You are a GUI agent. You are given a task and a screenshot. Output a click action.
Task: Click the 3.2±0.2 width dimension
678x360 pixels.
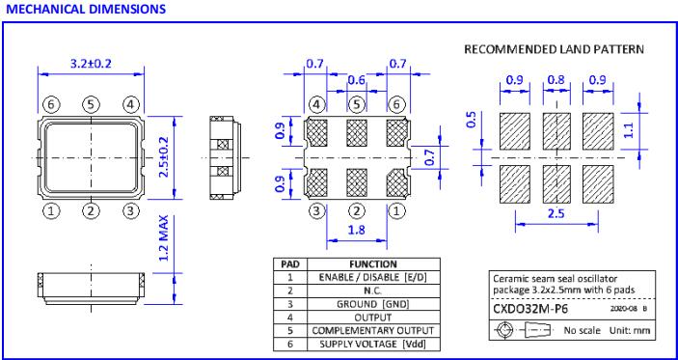(x=91, y=63)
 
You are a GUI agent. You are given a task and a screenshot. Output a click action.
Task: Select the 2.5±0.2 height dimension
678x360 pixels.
(x=163, y=157)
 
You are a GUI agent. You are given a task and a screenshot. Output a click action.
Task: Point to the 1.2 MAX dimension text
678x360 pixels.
(x=163, y=238)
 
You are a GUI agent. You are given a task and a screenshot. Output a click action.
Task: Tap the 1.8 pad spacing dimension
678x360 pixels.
(x=357, y=230)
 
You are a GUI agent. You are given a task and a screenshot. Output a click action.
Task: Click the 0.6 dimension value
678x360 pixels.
(x=356, y=80)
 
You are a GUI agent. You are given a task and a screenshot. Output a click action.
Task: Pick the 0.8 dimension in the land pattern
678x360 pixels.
(x=556, y=80)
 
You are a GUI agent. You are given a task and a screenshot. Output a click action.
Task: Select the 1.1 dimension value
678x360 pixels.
(x=630, y=129)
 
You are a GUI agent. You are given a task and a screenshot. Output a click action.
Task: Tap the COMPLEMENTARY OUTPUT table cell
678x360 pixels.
(x=372, y=331)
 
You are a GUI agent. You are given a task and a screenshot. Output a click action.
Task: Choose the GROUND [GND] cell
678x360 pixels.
(x=372, y=304)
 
